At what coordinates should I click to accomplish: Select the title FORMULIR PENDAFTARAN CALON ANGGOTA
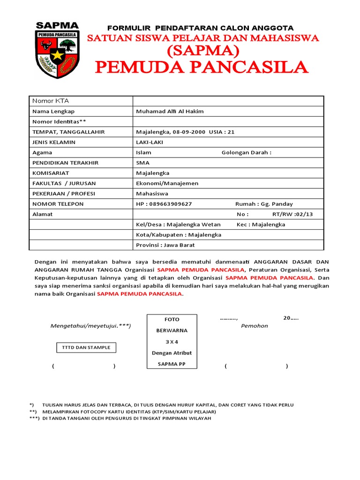point(201,28)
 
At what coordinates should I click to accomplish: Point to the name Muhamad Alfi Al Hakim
point(170,111)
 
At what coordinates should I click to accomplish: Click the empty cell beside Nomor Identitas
point(228,121)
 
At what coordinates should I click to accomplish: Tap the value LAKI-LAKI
point(146,142)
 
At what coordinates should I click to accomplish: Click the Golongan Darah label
point(246,152)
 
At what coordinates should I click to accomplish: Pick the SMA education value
point(142,163)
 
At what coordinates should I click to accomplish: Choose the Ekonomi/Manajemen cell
point(167,183)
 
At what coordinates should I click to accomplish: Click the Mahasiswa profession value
point(152,194)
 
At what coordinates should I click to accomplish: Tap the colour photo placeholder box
point(172,342)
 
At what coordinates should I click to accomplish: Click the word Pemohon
point(255,326)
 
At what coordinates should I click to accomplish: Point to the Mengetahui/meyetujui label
point(90,326)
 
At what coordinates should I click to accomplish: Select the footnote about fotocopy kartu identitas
point(129,412)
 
